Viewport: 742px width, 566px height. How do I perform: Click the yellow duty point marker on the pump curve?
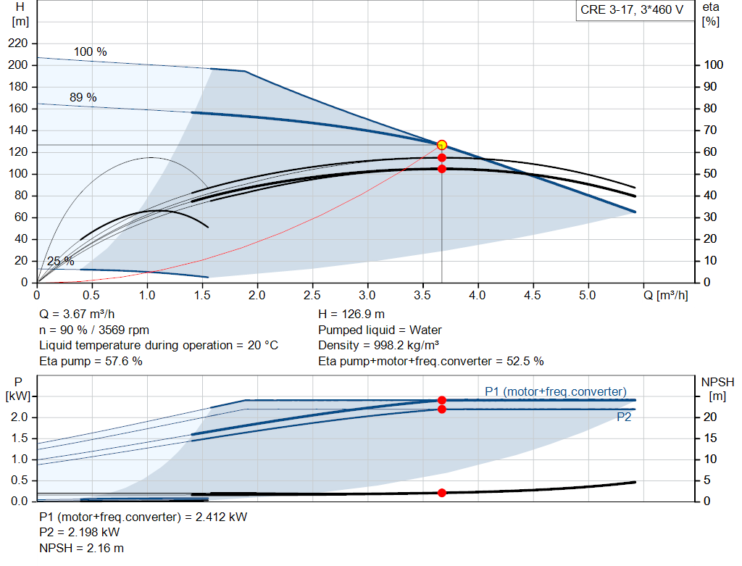[442, 145]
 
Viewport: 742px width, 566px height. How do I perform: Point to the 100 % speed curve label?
[90, 52]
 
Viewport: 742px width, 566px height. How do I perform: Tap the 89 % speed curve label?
[83, 97]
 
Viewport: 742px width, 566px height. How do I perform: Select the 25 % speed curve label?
[60, 261]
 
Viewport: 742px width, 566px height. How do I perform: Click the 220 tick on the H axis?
[18, 43]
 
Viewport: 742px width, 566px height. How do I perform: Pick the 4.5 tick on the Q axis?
[533, 296]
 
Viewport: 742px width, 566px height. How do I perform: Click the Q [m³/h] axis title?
[665, 296]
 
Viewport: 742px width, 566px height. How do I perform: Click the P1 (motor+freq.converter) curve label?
[556, 391]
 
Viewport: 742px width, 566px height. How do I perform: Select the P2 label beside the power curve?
[625, 417]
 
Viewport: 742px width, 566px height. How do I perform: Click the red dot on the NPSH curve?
[442, 493]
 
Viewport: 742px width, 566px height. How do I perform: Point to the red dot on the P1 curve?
[442, 400]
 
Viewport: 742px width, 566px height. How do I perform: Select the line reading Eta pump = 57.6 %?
[91, 361]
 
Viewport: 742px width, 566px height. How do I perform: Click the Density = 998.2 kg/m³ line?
[380, 345]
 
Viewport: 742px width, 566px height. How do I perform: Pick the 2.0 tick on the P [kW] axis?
[20, 417]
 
